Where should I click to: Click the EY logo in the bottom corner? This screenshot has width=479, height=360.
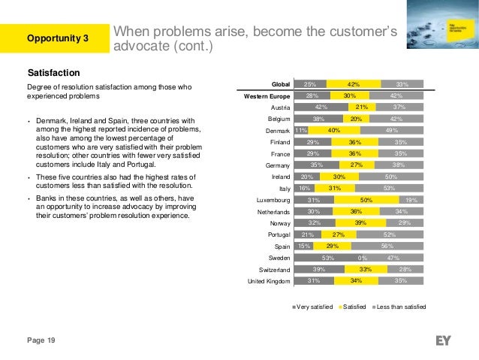click(443, 340)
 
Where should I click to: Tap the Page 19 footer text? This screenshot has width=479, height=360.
click(41, 340)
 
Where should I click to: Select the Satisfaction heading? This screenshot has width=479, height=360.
click(53, 73)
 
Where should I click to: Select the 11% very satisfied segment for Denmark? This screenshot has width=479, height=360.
click(300, 130)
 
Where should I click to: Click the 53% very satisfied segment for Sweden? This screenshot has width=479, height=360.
click(327, 257)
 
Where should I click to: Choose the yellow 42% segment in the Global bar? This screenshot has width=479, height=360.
click(353, 84)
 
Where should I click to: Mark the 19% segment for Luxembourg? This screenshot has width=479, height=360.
click(412, 199)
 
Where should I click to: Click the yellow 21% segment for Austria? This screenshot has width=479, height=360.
click(361, 107)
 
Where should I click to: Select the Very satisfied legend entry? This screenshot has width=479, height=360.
click(314, 307)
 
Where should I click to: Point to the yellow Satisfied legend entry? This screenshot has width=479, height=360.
click(354, 307)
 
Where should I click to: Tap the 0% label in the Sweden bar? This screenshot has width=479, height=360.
click(362, 257)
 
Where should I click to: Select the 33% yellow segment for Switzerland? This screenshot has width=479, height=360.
click(366, 269)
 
